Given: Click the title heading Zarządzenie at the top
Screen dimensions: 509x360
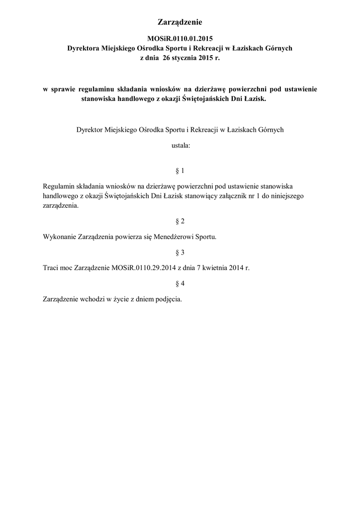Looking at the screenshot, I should click(x=180, y=22).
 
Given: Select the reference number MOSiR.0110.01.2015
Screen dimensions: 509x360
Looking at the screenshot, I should click(x=180, y=38).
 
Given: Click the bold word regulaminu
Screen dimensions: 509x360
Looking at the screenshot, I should click(x=96, y=89).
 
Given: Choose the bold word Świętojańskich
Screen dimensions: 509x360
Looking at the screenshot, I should click(x=200, y=98).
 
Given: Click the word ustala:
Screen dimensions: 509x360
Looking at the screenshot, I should click(x=180, y=147).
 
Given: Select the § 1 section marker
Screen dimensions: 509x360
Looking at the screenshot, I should click(x=180, y=171).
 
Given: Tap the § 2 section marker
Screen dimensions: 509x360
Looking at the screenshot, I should click(x=180, y=220).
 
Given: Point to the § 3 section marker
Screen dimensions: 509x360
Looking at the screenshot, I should click(x=180, y=252).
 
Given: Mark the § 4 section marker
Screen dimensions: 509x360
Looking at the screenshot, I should click(x=180, y=283).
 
